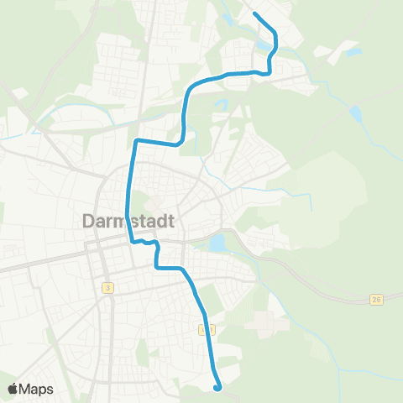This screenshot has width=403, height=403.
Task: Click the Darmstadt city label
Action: pos(131,222)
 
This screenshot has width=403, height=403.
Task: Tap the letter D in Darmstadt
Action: pos(90,222)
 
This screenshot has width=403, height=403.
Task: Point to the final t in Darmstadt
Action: pos(170,222)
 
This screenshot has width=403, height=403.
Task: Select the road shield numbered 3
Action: pos(108,288)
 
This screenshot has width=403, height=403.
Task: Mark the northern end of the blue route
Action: pos(254,13)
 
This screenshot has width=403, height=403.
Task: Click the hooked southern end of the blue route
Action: pos(218,388)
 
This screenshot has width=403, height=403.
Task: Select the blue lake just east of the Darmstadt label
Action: pos(217,243)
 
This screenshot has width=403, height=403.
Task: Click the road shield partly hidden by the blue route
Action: pos(208,329)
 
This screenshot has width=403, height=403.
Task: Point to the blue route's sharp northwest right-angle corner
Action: pos(137,139)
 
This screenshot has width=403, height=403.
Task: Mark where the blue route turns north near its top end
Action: pos(267,72)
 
